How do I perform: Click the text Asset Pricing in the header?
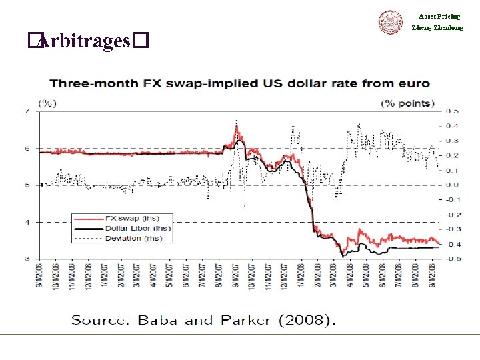(x=439, y=16)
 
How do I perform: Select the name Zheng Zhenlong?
(x=437, y=28)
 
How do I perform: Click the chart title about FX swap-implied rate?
(x=239, y=84)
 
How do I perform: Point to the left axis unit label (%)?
(x=47, y=103)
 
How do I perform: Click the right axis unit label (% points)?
(x=407, y=103)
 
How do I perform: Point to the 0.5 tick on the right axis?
(x=452, y=111)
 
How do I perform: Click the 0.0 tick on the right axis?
(x=452, y=185)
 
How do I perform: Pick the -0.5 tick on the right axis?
(x=451, y=259)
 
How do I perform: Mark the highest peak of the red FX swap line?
(x=237, y=123)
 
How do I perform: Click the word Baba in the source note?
(x=157, y=321)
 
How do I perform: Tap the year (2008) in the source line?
(x=307, y=321)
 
